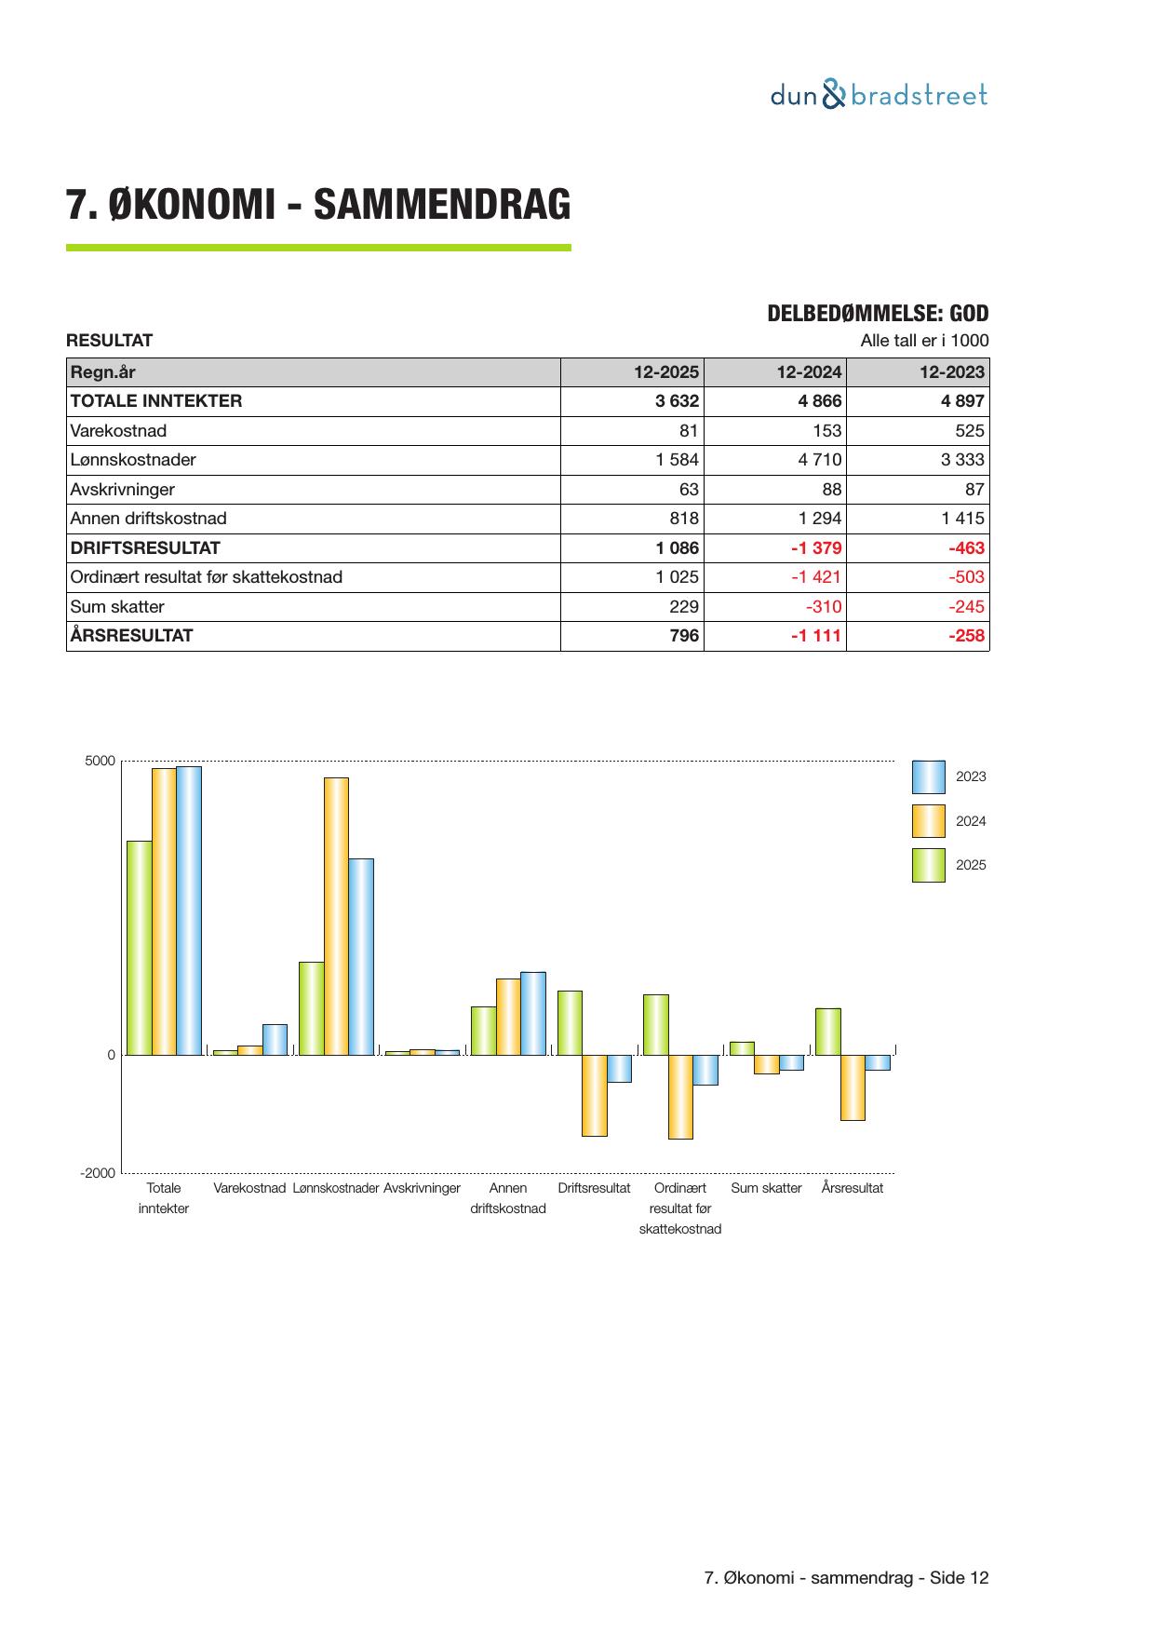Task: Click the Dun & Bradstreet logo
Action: pyautogui.click(x=879, y=95)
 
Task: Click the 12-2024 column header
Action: pyautogui.click(x=809, y=372)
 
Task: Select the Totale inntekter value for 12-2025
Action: pyautogui.click(x=677, y=401)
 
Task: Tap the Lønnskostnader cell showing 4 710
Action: pyautogui.click(x=820, y=460)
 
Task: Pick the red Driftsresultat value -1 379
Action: pyautogui.click(x=816, y=548)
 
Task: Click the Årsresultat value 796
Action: pyautogui.click(x=684, y=636)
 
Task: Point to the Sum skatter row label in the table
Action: pyautogui.click(x=117, y=607)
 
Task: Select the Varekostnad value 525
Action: pyautogui.click(x=968, y=431)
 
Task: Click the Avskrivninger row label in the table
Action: pyautogui.click(x=122, y=490)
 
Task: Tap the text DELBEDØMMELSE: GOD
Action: pyautogui.click(x=878, y=314)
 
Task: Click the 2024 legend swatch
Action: pyautogui.click(x=928, y=821)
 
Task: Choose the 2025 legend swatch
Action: pyautogui.click(x=928, y=865)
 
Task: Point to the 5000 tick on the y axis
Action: pyautogui.click(x=101, y=762)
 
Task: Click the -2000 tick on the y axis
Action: pyautogui.click(x=98, y=1173)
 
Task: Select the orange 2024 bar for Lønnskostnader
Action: pyautogui.click(x=336, y=916)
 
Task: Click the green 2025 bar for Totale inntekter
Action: pyautogui.click(x=140, y=948)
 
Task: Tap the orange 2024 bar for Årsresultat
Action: pyautogui.click(x=853, y=1087)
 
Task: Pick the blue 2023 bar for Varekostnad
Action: pyautogui.click(x=275, y=1040)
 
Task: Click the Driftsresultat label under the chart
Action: pyautogui.click(x=594, y=1189)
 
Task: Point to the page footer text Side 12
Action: pyautogui.click(x=959, y=1578)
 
